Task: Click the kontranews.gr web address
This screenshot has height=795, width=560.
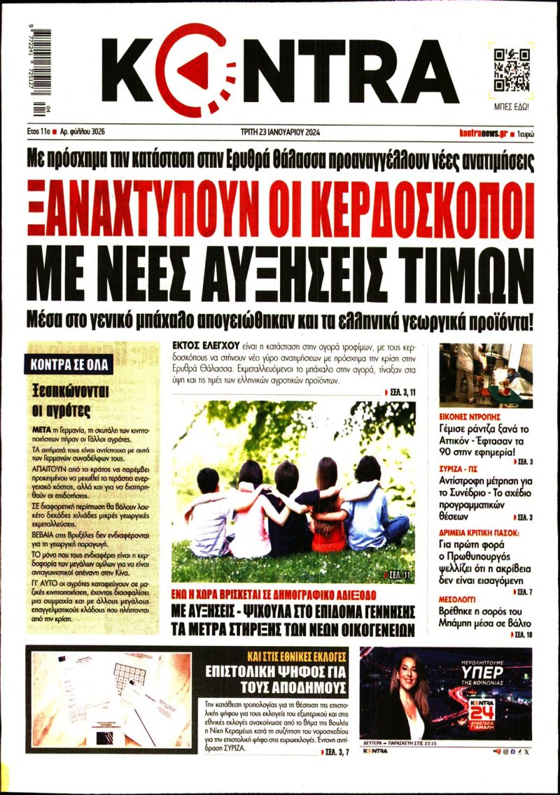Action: (483, 131)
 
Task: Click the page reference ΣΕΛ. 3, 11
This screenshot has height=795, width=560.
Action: (401, 394)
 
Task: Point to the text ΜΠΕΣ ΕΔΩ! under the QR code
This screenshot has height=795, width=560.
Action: (512, 108)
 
